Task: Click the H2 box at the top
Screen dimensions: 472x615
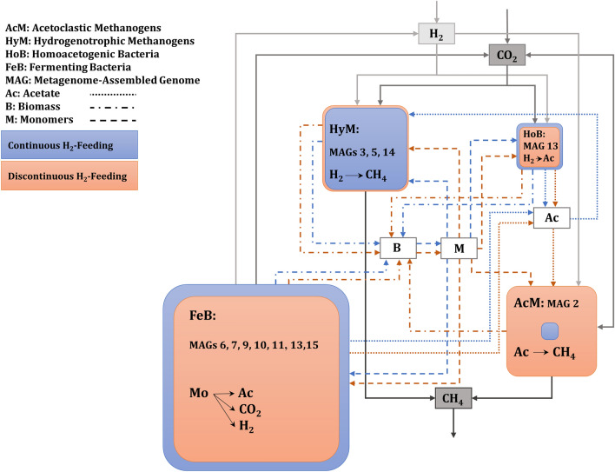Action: (436, 34)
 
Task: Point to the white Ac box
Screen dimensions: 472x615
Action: (551, 217)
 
